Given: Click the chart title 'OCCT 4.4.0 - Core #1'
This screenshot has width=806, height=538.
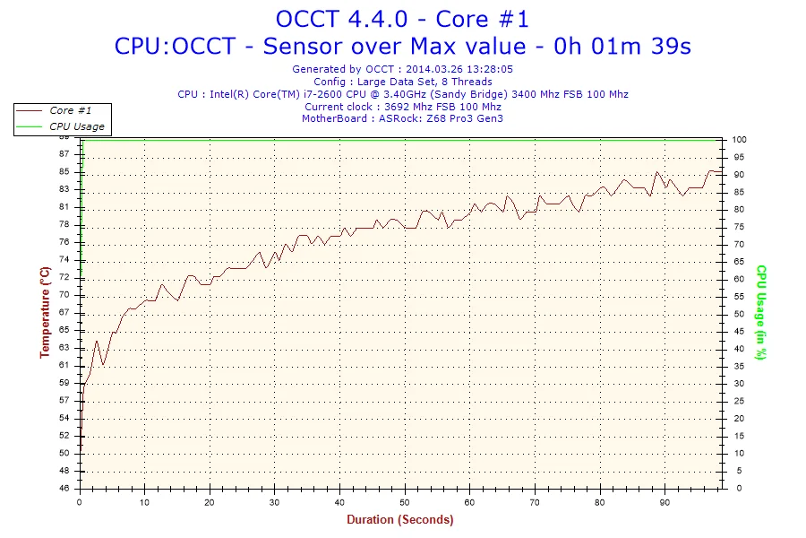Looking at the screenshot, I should pos(402,18).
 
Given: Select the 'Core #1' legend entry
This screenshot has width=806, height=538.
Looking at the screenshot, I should pos(70,110).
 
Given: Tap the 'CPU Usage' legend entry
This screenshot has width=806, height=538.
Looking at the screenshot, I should pos(76,126).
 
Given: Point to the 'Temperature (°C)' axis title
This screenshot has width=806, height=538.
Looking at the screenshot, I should pos(45,312).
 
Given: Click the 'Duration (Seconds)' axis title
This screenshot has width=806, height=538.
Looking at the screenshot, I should pos(399,519).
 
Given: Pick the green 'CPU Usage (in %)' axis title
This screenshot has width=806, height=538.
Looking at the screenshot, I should pos(760,312).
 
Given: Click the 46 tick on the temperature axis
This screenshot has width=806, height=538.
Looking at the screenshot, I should pos(64,489).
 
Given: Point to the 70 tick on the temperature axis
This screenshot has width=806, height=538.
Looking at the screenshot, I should pos(64,295).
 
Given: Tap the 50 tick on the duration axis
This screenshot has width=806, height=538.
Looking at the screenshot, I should pos(405,502).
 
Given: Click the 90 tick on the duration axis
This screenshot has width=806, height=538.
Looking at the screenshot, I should pos(665,502).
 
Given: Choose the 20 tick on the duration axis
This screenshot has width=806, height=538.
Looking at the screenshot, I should pos(210,502).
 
